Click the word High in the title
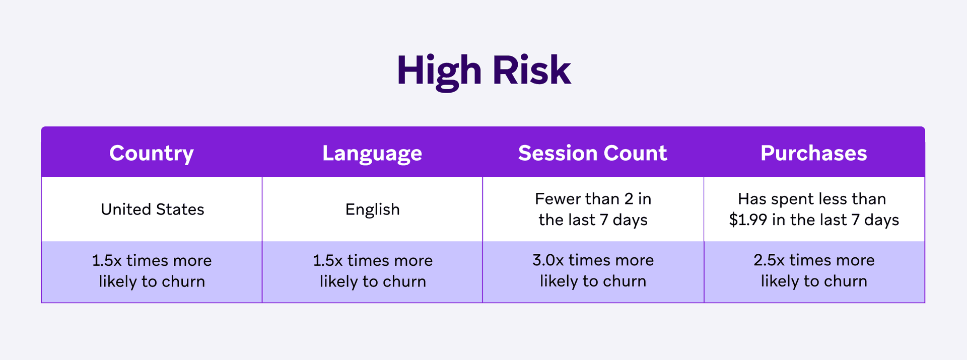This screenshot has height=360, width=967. pyautogui.click(x=439, y=70)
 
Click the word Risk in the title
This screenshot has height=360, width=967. pyautogui.click(x=531, y=70)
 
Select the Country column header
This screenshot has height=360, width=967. pyautogui.click(x=152, y=153)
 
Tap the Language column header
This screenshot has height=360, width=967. pyautogui.click(x=372, y=153)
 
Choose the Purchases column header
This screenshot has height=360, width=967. pyautogui.click(x=813, y=153)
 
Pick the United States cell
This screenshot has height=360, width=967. pyautogui.click(x=152, y=209)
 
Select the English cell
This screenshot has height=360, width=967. pyautogui.click(x=372, y=209)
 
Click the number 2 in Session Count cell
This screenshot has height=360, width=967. pyautogui.click(x=629, y=199)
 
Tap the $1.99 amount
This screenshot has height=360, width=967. pyautogui.click(x=748, y=220)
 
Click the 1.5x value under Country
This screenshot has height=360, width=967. pyautogui.click(x=107, y=260)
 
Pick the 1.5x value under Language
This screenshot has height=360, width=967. pyautogui.click(x=328, y=260)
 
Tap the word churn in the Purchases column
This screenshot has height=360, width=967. pyautogui.click(x=845, y=281)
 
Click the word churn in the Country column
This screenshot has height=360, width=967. pyautogui.click(x=183, y=281)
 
